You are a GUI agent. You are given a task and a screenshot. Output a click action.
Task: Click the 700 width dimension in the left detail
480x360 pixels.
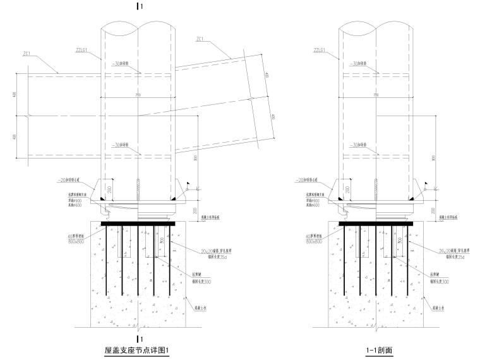(137, 95)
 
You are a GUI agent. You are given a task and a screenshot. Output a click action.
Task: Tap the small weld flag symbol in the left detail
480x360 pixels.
(187, 184)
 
